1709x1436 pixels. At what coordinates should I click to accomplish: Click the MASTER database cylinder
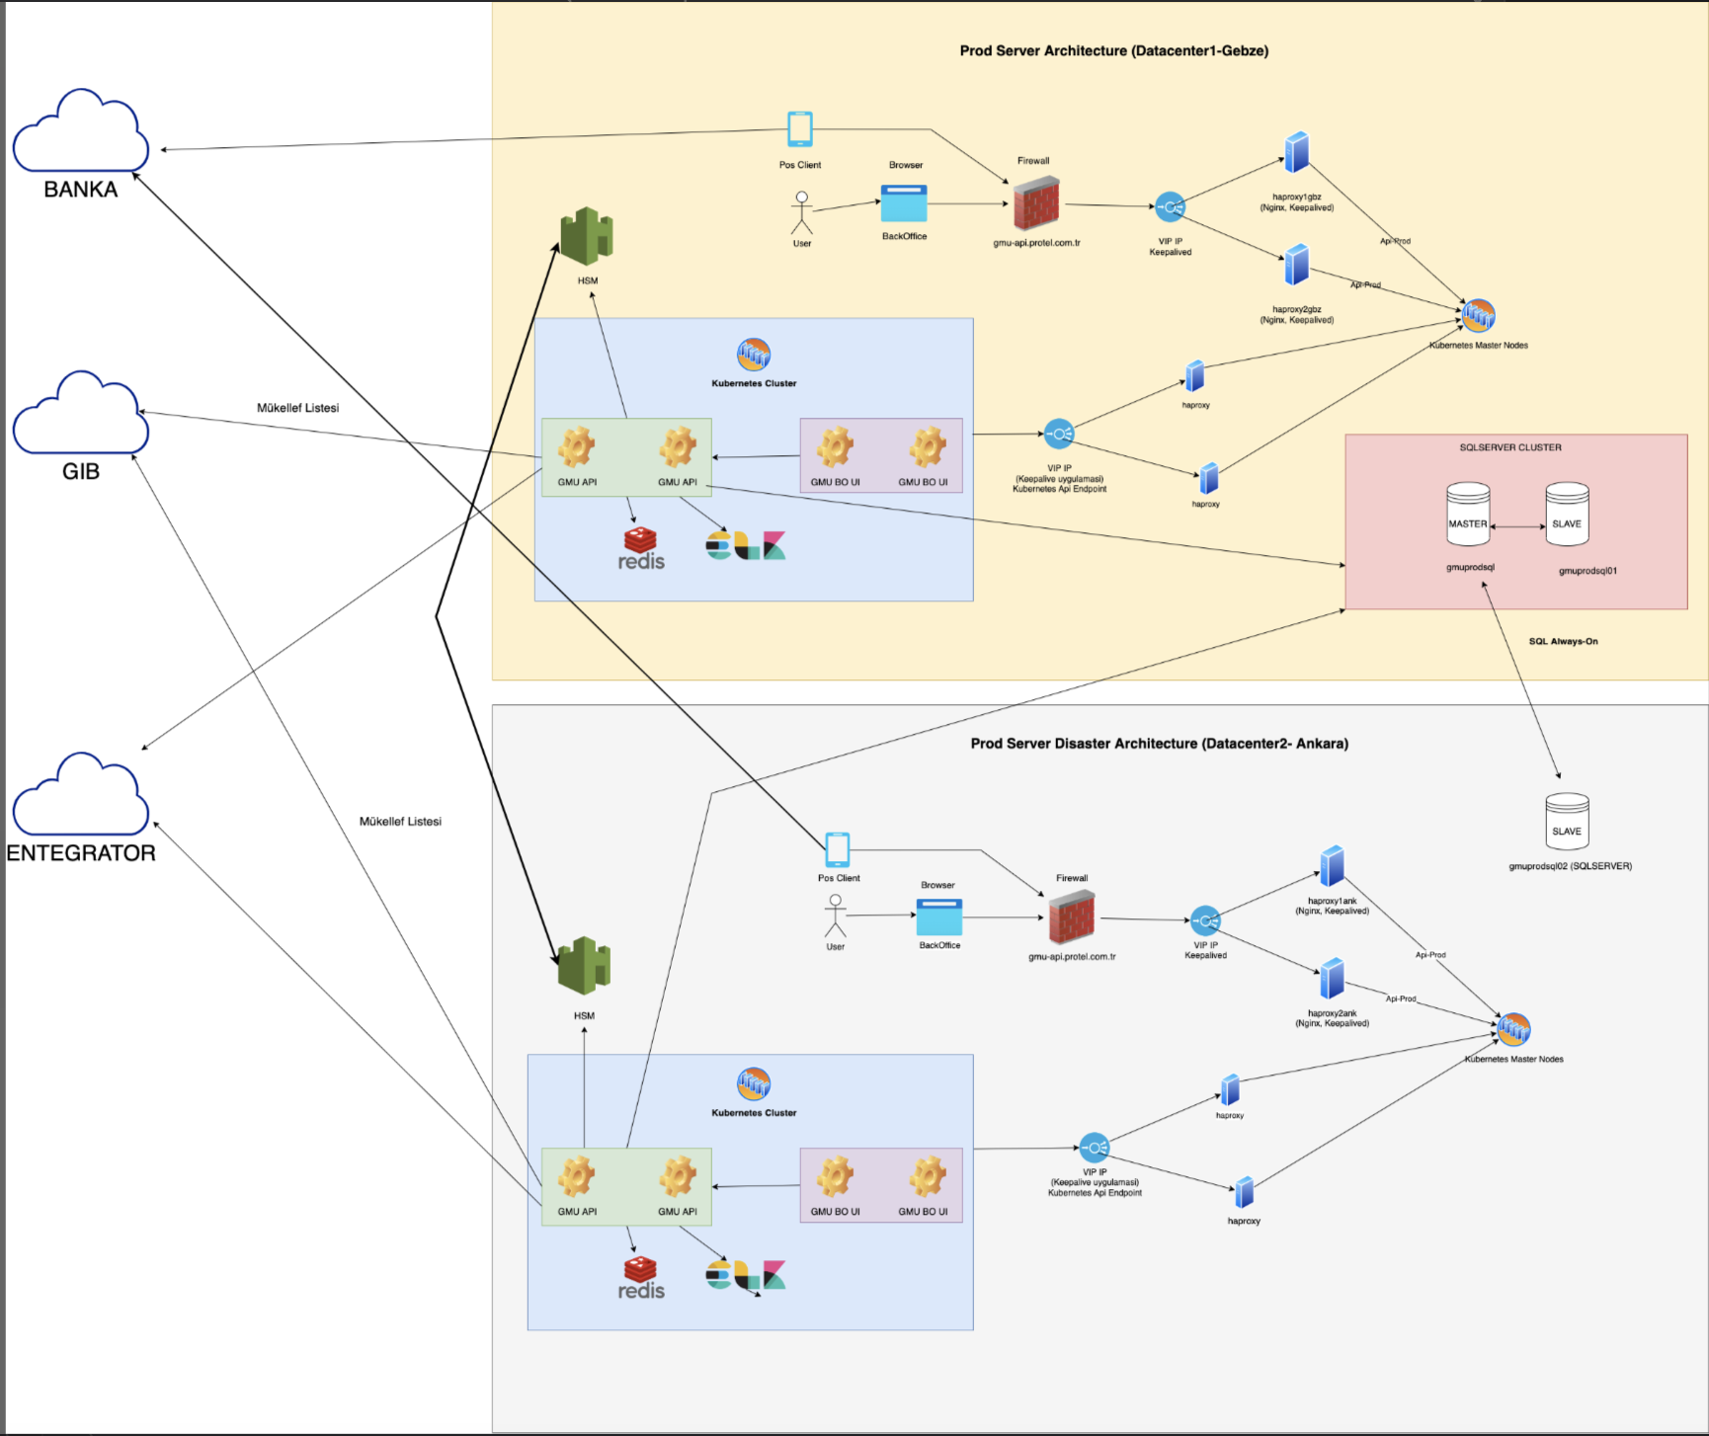[1468, 514]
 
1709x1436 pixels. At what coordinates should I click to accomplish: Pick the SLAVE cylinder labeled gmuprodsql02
[1567, 821]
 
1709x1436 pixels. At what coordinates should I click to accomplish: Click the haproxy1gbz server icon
[1296, 153]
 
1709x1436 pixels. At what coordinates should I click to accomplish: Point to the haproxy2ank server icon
[1332, 979]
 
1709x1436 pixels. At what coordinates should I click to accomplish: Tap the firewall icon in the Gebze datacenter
[1035, 203]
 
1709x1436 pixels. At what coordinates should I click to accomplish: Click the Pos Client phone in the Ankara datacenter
[838, 849]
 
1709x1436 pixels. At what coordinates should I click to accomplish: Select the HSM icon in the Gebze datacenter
[587, 236]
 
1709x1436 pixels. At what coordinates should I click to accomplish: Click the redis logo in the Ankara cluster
[641, 1278]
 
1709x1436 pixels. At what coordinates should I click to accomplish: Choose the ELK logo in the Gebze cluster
[746, 546]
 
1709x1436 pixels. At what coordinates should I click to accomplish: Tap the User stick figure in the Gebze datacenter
[802, 213]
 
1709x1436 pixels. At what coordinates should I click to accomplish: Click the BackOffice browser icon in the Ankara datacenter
[938, 917]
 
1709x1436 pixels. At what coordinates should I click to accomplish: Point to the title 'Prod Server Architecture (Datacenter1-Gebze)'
[1113, 50]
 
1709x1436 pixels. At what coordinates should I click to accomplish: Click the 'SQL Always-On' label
[1563, 642]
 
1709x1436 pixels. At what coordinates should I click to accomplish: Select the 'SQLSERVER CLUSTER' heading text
[1510, 447]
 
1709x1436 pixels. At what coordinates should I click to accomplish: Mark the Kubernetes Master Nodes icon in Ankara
[1513, 1029]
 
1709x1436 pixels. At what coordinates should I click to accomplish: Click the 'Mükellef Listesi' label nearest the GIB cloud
[297, 408]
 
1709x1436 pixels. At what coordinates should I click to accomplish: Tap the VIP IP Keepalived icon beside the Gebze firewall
[1170, 207]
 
